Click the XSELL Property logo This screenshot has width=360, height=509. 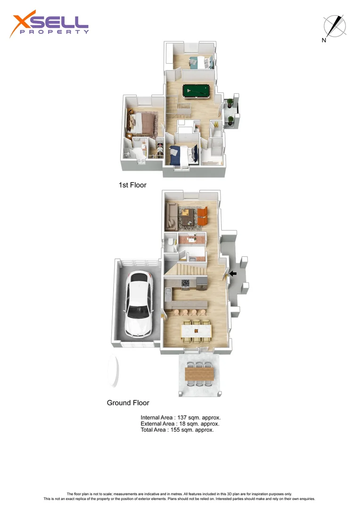pos(49,25)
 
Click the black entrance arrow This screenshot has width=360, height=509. pos(233,273)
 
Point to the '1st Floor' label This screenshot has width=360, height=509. pos(132,185)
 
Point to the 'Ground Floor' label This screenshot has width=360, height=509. pos(128,403)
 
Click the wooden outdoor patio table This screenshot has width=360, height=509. pos(200,374)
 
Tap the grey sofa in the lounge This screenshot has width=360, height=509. pos(171,214)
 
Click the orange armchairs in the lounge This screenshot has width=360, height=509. pos(202,215)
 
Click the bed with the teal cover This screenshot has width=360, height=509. pos(201,62)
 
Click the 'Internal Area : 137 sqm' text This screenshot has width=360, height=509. pos(181,418)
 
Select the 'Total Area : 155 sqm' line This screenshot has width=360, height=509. pos(177,430)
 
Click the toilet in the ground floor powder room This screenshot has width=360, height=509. pos(170,243)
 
